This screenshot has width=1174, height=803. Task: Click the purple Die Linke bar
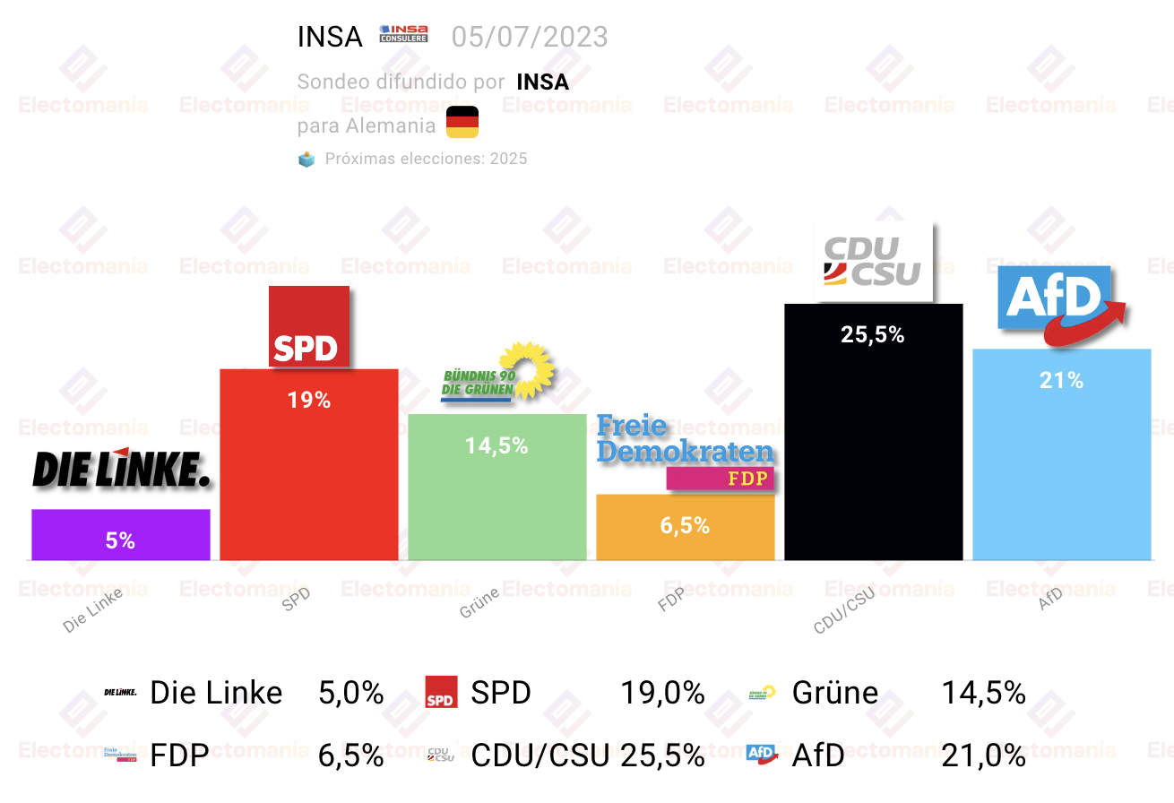click(121, 535)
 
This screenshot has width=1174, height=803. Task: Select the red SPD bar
click(308, 464)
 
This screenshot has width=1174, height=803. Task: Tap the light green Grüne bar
click(496, 487)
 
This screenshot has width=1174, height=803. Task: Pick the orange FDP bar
click(685, 527)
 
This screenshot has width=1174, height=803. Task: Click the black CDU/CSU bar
click(873, 432)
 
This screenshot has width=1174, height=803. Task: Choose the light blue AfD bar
click(1061, 454)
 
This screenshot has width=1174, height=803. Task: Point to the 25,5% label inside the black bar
click(873, 334)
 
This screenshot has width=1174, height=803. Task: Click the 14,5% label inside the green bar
click(496, 445)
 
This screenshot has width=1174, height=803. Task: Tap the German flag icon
click(462, 122)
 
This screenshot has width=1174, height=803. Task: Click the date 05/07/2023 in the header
click(530, 37)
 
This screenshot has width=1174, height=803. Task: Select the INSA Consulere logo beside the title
click(403, 33)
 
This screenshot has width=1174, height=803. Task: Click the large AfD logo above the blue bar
click(1061, 305)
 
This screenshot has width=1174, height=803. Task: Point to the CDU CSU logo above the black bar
click(873, 262)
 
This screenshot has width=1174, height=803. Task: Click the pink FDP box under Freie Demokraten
click(721, 478)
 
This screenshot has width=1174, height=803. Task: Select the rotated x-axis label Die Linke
click(92, 610)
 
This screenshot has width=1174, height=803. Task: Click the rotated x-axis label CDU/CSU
click(844, 610)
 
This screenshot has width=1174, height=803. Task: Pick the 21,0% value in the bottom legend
click(983, 756)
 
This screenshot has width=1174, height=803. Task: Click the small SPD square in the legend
click(441, 692)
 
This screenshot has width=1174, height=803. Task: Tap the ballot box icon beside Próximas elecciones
click(306, 159)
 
